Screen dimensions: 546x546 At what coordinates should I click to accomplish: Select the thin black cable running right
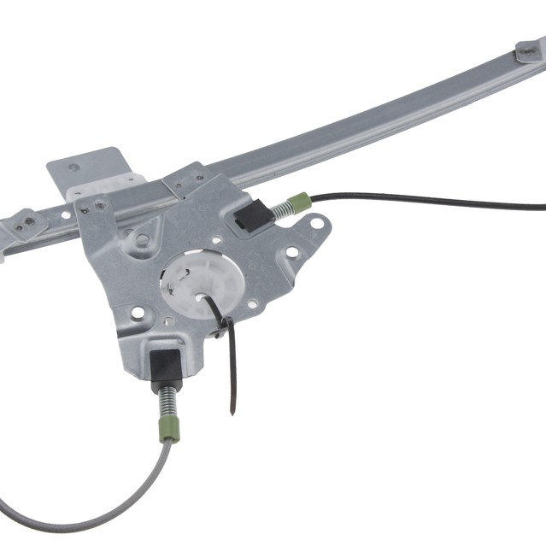[427, 202]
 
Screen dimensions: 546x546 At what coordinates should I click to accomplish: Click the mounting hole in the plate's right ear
[317, 224]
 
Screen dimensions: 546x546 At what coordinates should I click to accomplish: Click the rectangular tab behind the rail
[85, 170]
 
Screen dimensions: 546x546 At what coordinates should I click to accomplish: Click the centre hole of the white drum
[200, 298]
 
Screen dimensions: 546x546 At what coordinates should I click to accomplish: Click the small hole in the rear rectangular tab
[73, 167]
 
